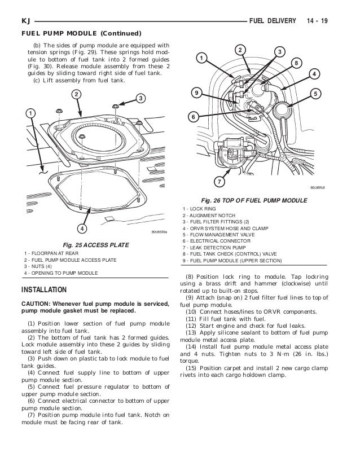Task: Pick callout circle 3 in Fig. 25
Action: pyautogui.click(x=140, y=99)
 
